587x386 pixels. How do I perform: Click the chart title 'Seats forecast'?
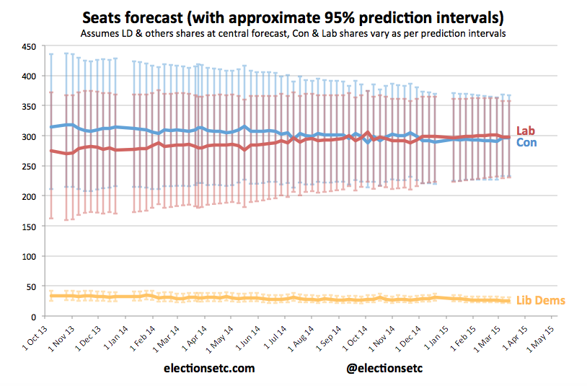[x=302, y=16]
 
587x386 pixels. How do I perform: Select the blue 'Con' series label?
[x=527, y=142]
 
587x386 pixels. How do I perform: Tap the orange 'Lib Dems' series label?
[x=541, y=300]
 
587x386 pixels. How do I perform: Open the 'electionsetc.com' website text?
[x=209, y=369]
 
